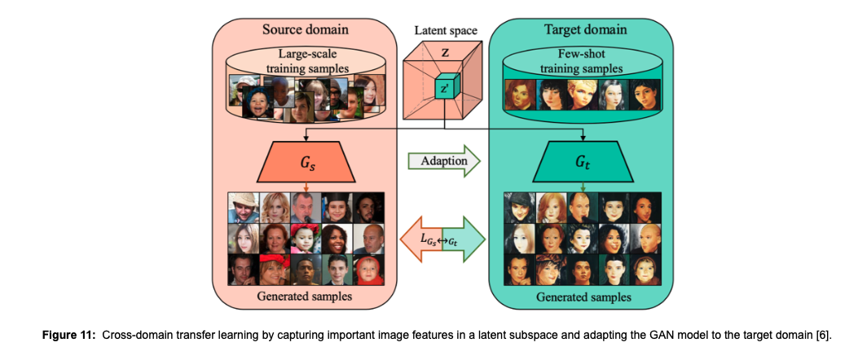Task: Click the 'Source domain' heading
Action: [x=305, y=29]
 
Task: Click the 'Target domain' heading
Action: [x=585, y=29]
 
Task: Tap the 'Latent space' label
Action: [x=445, y=31]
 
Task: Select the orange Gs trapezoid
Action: [x=305, y=162]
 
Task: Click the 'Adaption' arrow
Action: [x=444, y=161]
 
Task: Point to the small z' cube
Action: [x=445, y=87]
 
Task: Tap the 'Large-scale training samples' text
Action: [x=305, y=61]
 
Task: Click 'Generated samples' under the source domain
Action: [x=305, y=296]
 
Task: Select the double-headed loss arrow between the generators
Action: [x=444, y=240]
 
